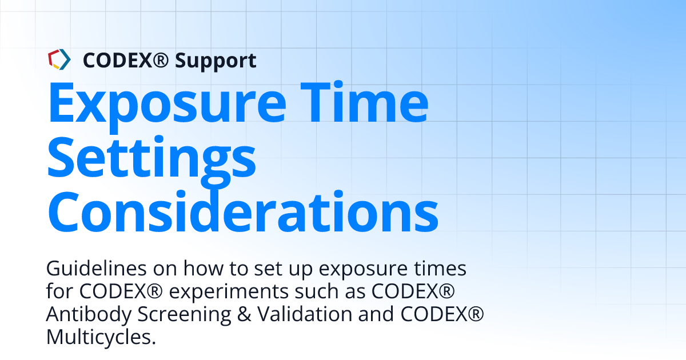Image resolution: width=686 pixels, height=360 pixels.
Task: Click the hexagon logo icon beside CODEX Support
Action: [59, 59]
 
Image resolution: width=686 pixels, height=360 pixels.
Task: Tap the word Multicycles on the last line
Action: [101, 337]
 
